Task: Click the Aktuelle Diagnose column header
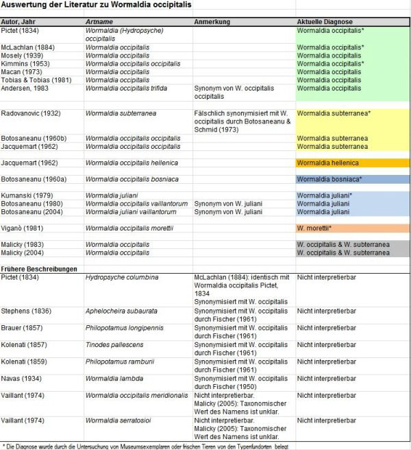pyautogui.click(x=325, y=22)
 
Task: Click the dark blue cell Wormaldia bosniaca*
pyautogui.click(x=332, y=179)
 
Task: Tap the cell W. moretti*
pyautogui.click(x=314, y=228)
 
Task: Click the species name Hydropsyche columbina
pyautogui.click(x=122, y=276)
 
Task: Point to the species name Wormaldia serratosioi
pyautogui.click(x=123, y=419)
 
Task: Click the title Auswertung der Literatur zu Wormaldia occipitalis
pyautogui.click(x=97, y=5)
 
